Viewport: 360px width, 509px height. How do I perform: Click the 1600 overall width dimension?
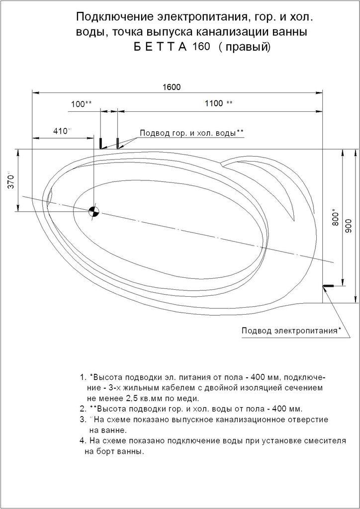[171, 87]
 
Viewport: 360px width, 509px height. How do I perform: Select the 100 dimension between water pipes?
[79, 104]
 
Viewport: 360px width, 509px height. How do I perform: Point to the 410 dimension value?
[61, 131]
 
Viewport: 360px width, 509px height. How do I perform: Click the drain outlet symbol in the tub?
[94, 211]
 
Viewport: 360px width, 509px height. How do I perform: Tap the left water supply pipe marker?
[101, 143]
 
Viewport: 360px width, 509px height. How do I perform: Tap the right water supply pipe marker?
[117, 143]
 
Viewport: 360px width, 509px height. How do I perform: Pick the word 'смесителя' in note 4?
[326, 441]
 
